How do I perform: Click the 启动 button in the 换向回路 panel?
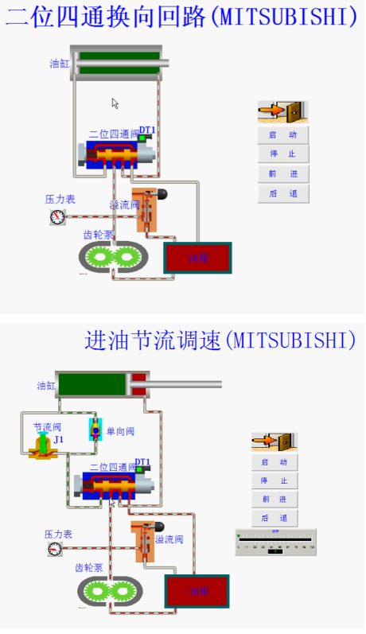(282, 135)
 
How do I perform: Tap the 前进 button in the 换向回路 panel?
(282, 173)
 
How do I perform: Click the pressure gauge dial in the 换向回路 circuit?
(56, 216)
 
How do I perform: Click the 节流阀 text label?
(47, 426)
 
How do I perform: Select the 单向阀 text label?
(120, 431)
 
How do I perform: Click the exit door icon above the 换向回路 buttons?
(282, 111)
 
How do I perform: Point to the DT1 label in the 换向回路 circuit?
(147, 130)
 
